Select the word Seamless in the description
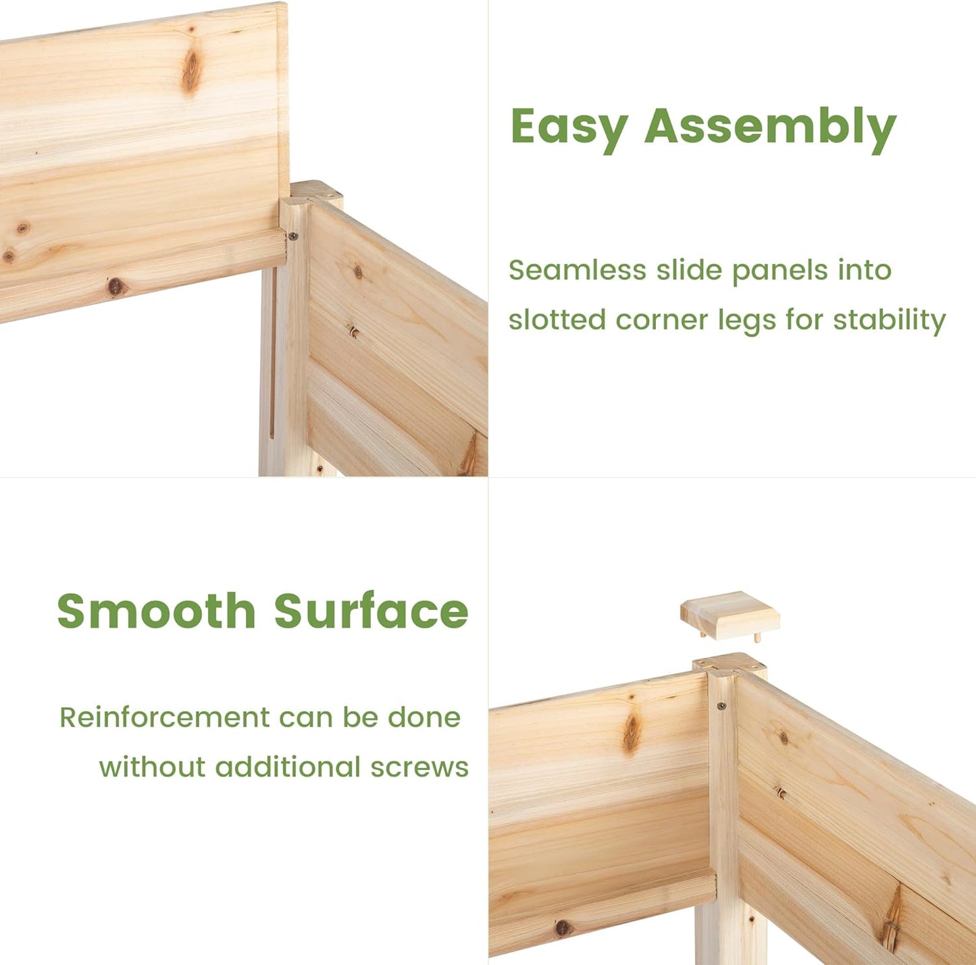point(577,270)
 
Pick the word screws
point(419,767)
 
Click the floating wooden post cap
point(729,615)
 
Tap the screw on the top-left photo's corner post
point(292,236)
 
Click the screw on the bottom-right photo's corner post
point(721,705)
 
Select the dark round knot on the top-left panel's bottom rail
point(115,286)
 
